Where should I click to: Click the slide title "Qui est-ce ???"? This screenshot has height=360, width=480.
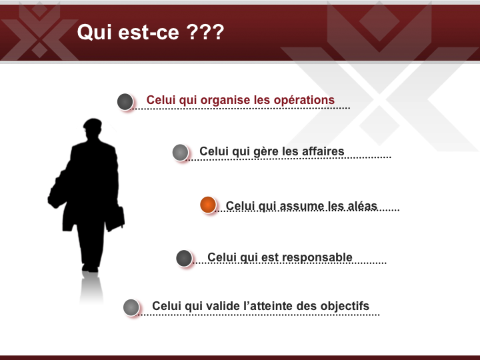151,32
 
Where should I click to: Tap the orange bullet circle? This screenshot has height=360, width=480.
208,205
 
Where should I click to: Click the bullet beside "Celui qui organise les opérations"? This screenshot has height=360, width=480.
125,101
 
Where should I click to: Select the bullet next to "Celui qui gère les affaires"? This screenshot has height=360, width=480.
180,153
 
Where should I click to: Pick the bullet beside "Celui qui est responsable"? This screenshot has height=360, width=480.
184,258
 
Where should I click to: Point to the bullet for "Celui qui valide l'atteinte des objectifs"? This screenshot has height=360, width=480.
131,307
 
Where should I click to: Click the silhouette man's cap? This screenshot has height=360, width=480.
93,123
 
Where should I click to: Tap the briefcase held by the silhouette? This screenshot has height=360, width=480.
115,219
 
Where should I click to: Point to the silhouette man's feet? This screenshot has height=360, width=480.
90,268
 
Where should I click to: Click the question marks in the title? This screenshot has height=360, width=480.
205,32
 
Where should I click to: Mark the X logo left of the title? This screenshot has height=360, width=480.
39,31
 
